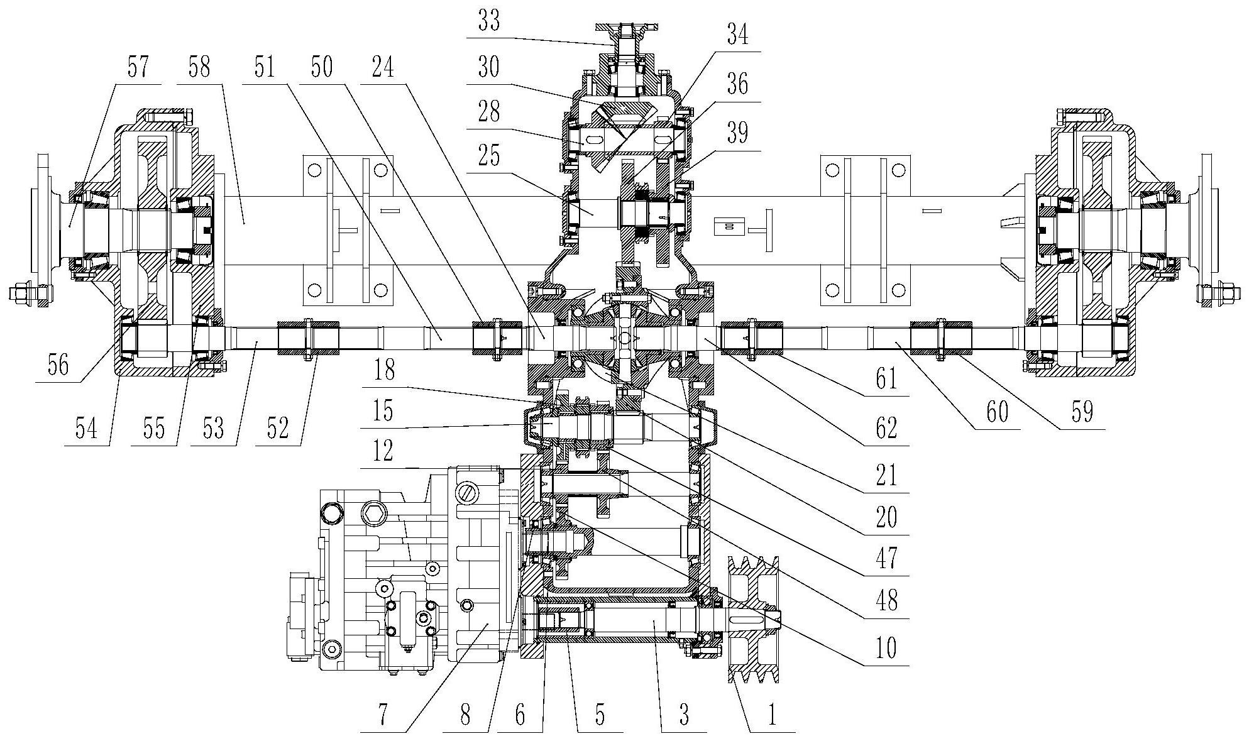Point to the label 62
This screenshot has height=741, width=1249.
click(886, 429)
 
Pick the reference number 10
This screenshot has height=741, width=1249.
click(886, 648)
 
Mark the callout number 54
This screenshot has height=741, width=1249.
click(87, 429)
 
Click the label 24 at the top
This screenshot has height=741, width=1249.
click(383, 67)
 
